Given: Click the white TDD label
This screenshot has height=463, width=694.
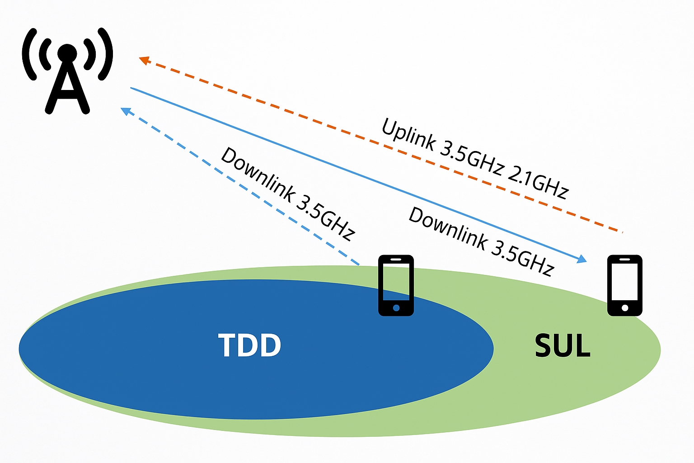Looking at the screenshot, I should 249,345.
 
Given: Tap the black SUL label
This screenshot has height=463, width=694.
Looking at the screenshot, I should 563,346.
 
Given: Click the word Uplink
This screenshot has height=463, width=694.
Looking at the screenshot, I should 408,134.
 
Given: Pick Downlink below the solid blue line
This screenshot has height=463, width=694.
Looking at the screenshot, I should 448,228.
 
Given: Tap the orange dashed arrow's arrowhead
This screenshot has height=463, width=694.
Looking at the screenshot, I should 144,60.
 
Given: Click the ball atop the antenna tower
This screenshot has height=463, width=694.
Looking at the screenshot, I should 67,52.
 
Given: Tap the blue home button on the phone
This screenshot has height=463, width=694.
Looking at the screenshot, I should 396,308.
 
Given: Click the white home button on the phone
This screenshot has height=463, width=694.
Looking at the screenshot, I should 625,308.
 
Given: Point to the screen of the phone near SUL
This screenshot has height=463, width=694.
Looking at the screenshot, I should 625,281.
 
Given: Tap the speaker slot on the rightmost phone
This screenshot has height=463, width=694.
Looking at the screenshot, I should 625,260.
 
